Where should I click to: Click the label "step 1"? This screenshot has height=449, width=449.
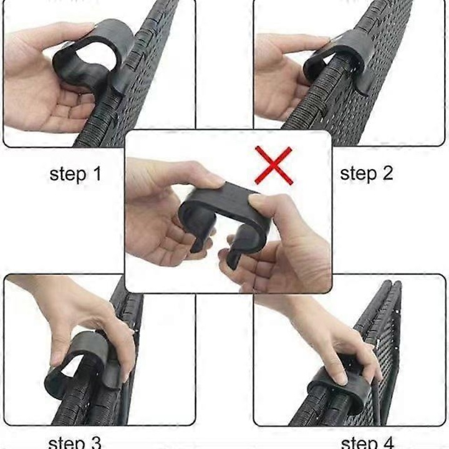click(x=75, y=174)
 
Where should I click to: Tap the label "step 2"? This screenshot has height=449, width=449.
click(x=366, y=173)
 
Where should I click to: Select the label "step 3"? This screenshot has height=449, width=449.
click(x=75, y=442)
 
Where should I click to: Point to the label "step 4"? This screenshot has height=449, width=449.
click(x=368, y=442)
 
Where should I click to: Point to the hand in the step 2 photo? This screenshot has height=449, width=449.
click(x=281, y=69)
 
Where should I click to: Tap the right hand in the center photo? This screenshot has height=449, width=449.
click(x=287, y=243)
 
